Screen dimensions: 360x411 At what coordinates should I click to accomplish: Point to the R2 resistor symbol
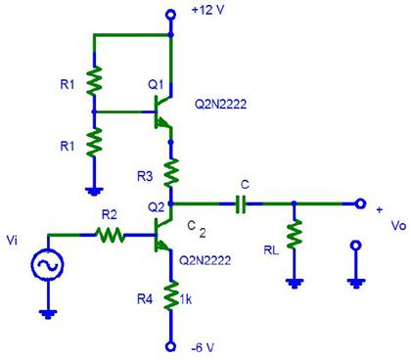pyautogui.click(x=110, y=235)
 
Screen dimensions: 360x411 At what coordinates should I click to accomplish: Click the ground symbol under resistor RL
pyautogui.click(x=293, y=283)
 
